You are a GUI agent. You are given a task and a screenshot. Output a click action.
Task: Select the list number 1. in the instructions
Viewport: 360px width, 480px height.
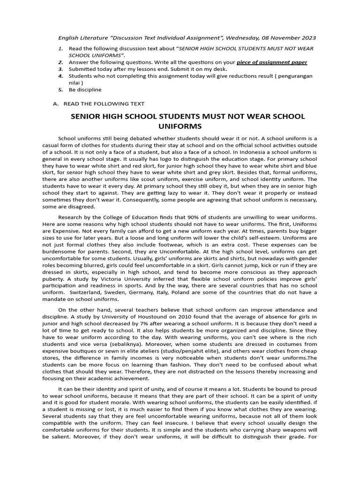coord(60,49)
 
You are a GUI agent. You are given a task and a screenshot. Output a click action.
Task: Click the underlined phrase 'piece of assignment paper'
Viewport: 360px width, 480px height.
coord(272,62)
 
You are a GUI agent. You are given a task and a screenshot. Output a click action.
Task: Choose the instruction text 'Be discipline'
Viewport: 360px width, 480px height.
coord(85,89)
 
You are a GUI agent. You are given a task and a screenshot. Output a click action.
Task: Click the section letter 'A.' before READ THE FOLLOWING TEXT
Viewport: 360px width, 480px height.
coord(56,104)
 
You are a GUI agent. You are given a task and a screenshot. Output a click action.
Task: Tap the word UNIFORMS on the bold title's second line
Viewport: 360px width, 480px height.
coord(180,127)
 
